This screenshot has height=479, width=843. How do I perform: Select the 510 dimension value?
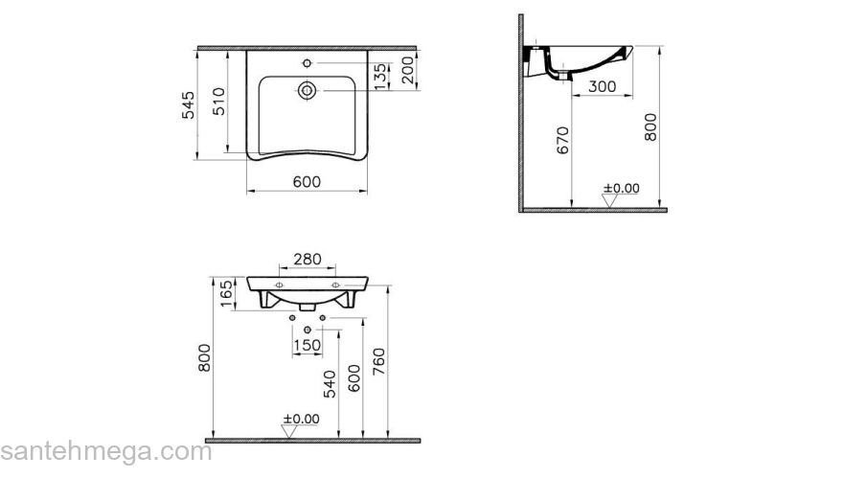219,102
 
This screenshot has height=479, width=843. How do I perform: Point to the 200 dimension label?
409,69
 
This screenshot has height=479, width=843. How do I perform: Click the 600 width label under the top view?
306,182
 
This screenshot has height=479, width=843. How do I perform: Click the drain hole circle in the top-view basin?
307,91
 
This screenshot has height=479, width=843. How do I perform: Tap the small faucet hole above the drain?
307,64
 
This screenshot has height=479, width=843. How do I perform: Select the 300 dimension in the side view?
602,86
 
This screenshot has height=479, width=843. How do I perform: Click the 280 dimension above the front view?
307,260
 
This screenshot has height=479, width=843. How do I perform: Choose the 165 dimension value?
226,293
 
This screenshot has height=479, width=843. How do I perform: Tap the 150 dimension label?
307,345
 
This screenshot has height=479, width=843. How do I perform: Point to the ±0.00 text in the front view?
301,419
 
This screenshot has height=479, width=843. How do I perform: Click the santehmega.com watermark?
105,452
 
